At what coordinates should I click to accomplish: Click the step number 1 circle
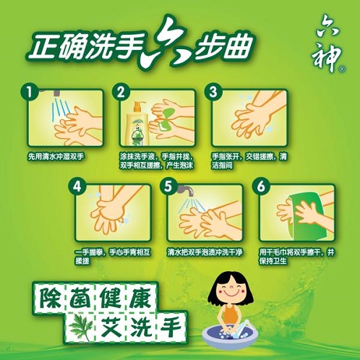(30, 92)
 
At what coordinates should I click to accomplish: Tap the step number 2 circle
(121, 92)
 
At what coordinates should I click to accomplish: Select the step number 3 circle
(213, 92)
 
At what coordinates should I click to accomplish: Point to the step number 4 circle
(77, 187)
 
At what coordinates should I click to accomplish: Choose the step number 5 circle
(168, 187)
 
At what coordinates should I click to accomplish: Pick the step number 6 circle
(261, 187)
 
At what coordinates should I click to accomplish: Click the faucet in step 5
(186, 190)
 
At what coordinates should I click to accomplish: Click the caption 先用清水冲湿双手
(56, 157)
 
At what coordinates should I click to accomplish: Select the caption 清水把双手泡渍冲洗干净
(205, 252)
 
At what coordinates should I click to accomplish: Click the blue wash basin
(230, 335)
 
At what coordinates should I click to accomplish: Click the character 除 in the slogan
(50, 297)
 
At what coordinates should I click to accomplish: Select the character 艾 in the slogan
(111, 327)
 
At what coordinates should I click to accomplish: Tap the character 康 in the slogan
(140, 297)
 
